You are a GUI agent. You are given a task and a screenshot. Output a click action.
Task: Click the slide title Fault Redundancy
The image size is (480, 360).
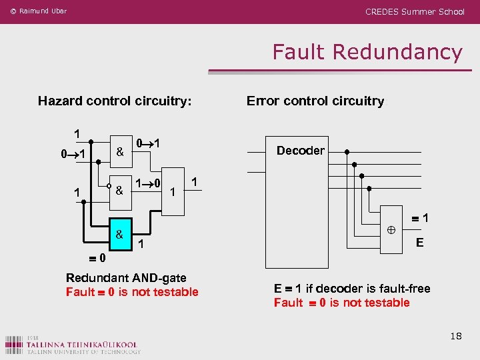pyautogui.click(x=367, y=52)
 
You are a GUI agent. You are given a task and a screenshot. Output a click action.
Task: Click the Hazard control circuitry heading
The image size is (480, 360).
pyautogui.click(x=115, y=101)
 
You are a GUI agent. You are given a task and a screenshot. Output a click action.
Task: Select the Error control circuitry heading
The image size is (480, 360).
pyautogui.click(x=315, y=101)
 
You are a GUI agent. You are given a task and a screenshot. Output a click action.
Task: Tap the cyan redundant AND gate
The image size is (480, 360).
pyautogui.click(x=119, y=235)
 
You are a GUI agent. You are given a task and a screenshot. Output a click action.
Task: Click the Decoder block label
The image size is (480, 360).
pyautogui.click(x=300, y=151)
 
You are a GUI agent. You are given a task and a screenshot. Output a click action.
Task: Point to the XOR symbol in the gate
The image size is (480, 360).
pyautogui.click(x=391, y=229)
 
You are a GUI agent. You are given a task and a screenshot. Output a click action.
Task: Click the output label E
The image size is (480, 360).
pyautogui.click(x=419, y=243)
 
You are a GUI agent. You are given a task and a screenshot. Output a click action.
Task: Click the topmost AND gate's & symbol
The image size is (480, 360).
pyautogui.click(x=119, y=151)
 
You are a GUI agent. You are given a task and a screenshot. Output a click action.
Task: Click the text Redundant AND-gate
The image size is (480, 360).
pyautogui.click(x=126, y=278)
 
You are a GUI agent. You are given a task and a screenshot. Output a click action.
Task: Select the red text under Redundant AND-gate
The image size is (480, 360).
pyautogui.click(x=132, y=292)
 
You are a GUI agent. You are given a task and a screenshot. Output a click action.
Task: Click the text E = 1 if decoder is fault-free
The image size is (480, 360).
pyautogui.click(x=352, y=289)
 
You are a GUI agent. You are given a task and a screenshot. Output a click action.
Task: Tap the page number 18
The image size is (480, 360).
pyautogui.click(x=455, y=336)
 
